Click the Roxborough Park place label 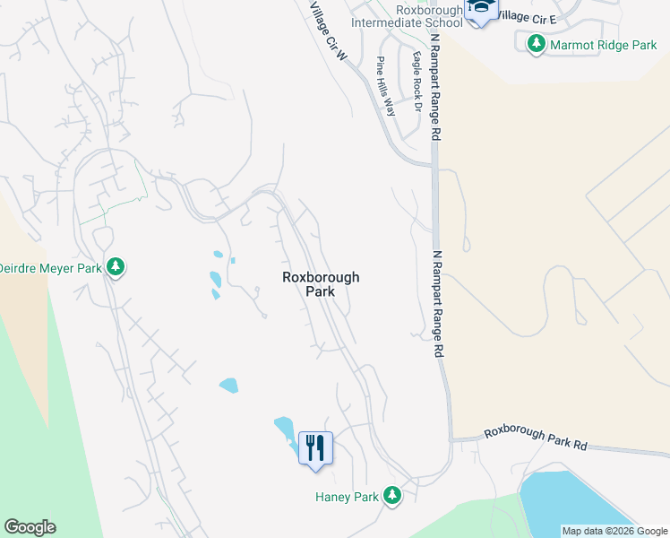(x=321, y=284)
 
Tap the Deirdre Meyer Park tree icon (x=116, y=266)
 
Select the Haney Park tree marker (x=391, y=495)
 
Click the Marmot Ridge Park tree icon (x=537, y=43)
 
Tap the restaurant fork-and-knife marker (x=314, y=447)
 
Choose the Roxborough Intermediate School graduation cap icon (x=480, y=10)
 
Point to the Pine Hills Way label (x=386, y=87)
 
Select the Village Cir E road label (x=526, y=16)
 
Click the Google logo (x=30, y=527)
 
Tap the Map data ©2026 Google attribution (x=614, y=531)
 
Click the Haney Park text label (x=348, y=496)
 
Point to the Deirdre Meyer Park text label (x=49, y=267)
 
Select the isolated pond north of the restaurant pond (x=228, y=385)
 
